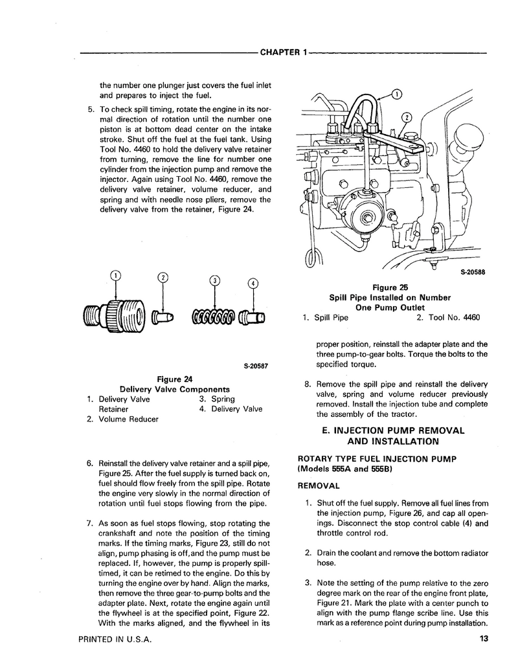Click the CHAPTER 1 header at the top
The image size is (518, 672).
point(282,52)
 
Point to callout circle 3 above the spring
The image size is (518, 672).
point(216,280)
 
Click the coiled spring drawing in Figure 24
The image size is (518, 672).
point(213,317)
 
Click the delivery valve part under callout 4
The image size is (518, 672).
point(253,317)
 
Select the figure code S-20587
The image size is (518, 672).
point(256,366)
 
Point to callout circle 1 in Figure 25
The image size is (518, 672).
point(396,95)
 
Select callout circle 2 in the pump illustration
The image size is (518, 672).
point(407,118)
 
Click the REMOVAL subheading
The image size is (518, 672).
point(319,485)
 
